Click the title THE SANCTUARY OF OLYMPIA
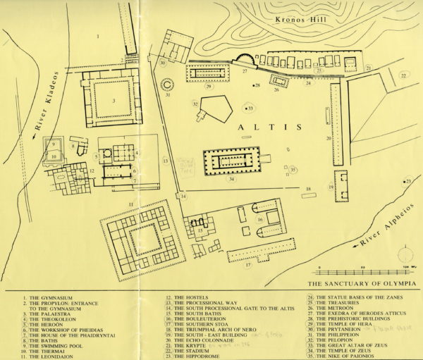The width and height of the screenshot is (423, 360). point(360,284)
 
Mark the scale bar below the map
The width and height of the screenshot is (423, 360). point(363,271)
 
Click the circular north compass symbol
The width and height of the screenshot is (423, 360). point(405,254)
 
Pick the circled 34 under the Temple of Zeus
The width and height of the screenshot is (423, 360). point(232,179)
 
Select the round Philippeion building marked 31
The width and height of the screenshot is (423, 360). point(168,85)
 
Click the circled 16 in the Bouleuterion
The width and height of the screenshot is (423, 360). point(259,220)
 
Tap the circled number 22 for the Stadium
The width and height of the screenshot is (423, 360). point(403,75)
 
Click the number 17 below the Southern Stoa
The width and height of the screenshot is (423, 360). point(247,267)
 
